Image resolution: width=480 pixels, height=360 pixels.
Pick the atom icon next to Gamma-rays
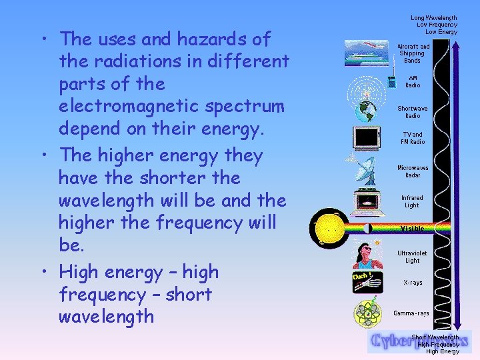pos(367,313)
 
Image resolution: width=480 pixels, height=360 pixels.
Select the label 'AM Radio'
pos(413,81)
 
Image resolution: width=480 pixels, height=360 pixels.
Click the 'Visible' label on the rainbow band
pos(412,229)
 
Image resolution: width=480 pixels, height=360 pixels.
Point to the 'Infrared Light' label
pos(412,201)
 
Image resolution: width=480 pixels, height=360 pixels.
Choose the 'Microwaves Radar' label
pos(413,172)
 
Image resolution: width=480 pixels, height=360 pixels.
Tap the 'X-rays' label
pos(413,283)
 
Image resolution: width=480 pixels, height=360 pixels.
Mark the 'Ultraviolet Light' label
pos(413,257)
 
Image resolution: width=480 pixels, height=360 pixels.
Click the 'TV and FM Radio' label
pos(413,138)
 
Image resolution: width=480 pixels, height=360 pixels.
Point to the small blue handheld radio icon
pos(392,83)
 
